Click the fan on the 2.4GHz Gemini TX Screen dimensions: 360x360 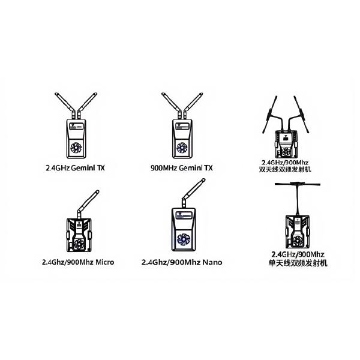click(x=76, y=148)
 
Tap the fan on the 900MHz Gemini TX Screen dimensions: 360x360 click(x=182, y=148)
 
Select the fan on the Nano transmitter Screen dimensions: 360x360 click(x=184, y=239)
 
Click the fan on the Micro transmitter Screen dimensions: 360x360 click(x=79, y=244)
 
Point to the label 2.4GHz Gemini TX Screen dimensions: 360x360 click(x=76, y=168)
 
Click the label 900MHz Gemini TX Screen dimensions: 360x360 click(x=182, y=168)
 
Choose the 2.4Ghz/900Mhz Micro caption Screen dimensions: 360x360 click(x=78, y=262)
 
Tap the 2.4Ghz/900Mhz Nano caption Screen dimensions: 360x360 click(x=182, y=262)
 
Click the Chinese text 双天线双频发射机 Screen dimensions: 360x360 click(x=285, y=169)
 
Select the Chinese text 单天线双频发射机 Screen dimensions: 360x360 click(x=298, y=263)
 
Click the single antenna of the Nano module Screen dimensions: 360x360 click(x=193, y=193)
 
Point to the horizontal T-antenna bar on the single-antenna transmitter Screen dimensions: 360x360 click(x=298, y=184)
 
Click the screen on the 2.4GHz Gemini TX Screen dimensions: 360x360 click(x=77, y=127)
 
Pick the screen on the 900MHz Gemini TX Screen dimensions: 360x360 click(x=182, y=127)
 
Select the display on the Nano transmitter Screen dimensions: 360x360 click(x=184, y=215)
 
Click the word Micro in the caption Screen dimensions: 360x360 click(x=104, y=262)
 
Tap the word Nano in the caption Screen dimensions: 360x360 click(x=212, y=262)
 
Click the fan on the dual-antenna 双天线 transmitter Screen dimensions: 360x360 click(x=286, y=152)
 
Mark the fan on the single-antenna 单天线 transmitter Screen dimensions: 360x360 click(x=298, y=241)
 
